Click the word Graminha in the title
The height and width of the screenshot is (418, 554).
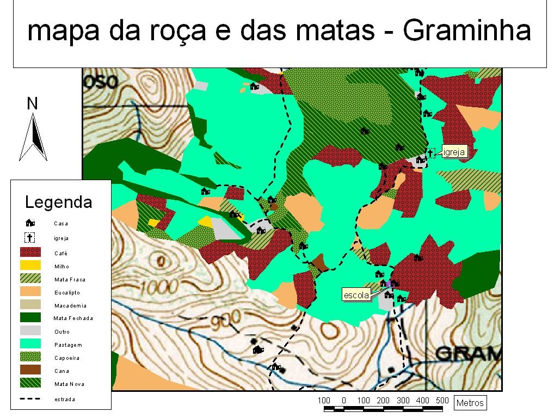(466, 32)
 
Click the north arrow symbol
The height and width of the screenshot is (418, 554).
(33, 137)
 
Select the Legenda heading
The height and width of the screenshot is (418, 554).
(59, 202)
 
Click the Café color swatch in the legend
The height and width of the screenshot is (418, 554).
(30, 253)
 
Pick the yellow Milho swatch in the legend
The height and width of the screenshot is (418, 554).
(30, 266)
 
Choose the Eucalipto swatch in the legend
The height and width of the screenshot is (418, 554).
(30, 292)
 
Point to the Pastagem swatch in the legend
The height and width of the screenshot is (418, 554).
(30, 344)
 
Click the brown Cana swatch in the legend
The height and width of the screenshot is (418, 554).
(30, 370)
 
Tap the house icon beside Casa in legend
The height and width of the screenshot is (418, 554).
(30, 223)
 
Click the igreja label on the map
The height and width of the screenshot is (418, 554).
(454, 152)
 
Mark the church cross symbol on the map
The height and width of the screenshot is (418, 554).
(430, 153)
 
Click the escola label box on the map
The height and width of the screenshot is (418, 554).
(356, 296)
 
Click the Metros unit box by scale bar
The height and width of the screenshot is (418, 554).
(470, 403)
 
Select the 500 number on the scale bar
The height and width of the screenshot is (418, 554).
(442, 401)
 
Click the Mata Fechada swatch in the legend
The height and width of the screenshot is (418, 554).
(30, 318)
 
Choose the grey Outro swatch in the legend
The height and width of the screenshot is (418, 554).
(30, 331)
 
